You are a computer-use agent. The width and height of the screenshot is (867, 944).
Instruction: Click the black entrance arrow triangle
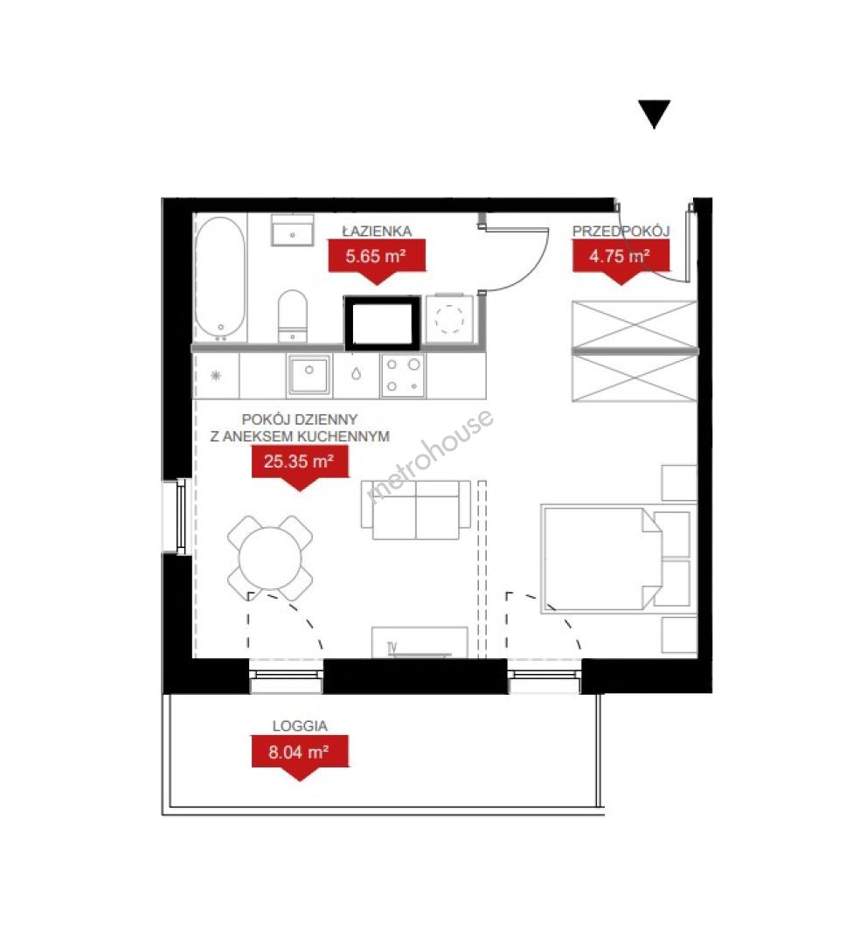[654, 113]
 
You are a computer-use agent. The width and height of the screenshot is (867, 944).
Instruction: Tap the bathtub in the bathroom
[220, 279]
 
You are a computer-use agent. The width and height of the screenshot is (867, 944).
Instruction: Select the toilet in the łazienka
[293, 316]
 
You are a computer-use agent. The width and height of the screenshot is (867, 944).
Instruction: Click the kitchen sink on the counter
[309, 374]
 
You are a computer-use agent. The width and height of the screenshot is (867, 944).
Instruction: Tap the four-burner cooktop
[403, 375]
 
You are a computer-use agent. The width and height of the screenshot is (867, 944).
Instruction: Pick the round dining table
[270, 558]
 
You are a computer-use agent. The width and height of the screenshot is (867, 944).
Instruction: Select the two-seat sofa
[415, 510]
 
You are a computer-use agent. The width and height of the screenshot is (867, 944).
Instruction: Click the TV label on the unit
[392, 648]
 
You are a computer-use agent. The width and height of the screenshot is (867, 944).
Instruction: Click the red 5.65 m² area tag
[377, 261]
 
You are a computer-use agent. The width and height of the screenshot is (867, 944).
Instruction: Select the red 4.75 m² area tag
[621, 261]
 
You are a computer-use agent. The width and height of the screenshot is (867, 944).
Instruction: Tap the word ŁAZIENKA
[377, 231]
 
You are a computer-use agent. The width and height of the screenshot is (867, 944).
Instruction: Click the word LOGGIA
[300, 726]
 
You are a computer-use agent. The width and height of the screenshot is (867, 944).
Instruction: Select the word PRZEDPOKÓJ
[621, 231]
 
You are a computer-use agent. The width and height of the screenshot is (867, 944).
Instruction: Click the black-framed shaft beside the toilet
[382, 323]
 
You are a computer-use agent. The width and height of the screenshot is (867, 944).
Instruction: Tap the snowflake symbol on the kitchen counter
[216, 376]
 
